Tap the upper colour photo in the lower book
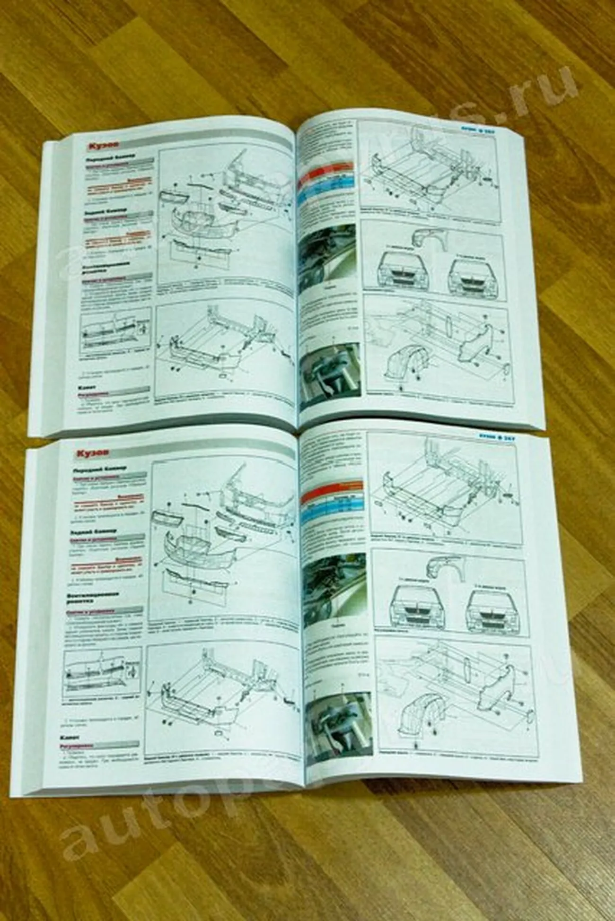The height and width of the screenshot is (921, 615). click(x=334, y=585)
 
